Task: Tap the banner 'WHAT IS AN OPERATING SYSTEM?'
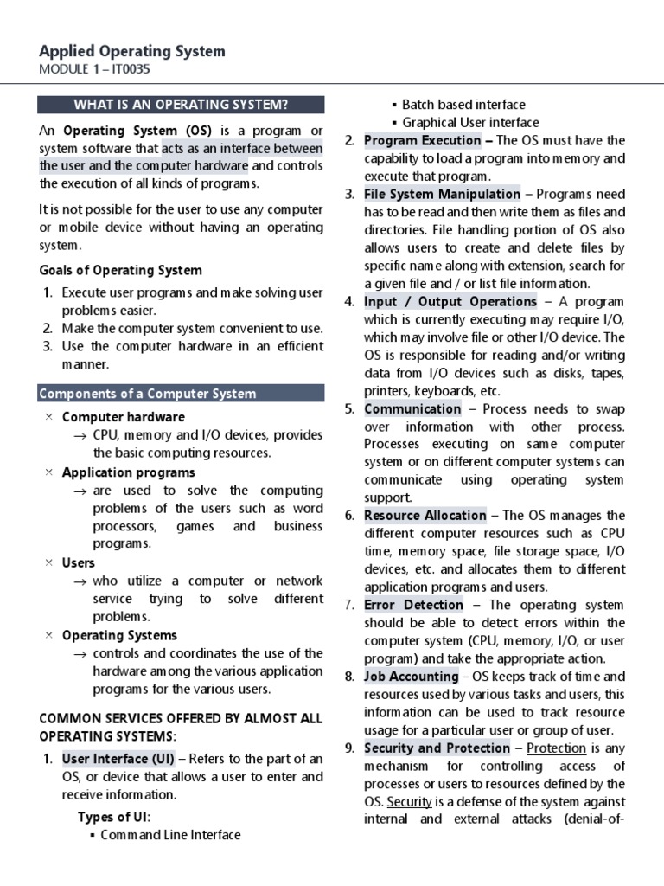click(181, 106)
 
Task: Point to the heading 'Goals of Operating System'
click(120, 270)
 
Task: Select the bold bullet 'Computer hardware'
click(123, 417)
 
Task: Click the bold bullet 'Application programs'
click(128, 472)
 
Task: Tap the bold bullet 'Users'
click(79, 562)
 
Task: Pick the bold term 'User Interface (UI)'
click(118, 759)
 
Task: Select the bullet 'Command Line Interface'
click(170, 835)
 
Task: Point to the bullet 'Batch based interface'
click(463, 105)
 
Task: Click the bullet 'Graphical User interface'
click(470, 123)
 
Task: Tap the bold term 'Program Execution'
click(423, 140)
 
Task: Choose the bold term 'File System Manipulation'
click(442, 194)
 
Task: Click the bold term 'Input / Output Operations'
click(450, 301)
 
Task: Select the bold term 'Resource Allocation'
click(425, 516)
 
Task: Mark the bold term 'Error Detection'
click(413, 605)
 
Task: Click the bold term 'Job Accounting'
click(412, 677)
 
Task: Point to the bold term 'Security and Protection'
click(437, 748)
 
